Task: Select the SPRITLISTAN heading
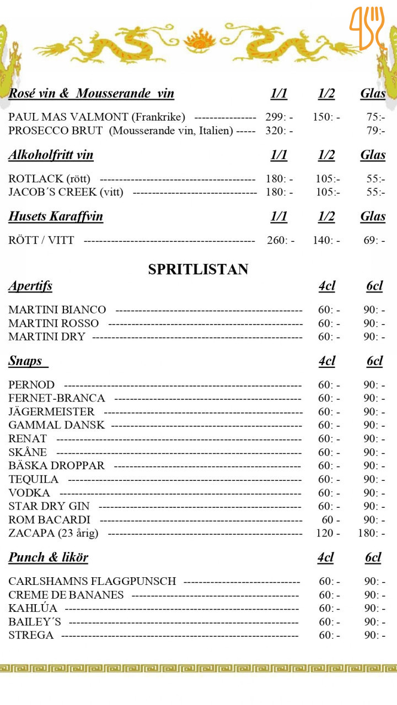point(198,269)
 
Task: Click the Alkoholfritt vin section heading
point(51,155)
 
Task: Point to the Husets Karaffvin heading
point(56,216)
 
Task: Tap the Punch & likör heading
point(48,557)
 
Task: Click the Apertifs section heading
point(30,286)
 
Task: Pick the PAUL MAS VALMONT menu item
point(96,117)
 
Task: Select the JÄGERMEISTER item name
point(51,411)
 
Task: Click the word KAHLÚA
point(33,608)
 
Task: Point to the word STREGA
point(31,635)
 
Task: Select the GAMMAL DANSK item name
point(56,425)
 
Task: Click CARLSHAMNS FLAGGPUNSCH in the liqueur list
point(92,581)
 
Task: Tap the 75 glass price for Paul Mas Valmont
point(375,117)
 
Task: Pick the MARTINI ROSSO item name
point(53,323)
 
